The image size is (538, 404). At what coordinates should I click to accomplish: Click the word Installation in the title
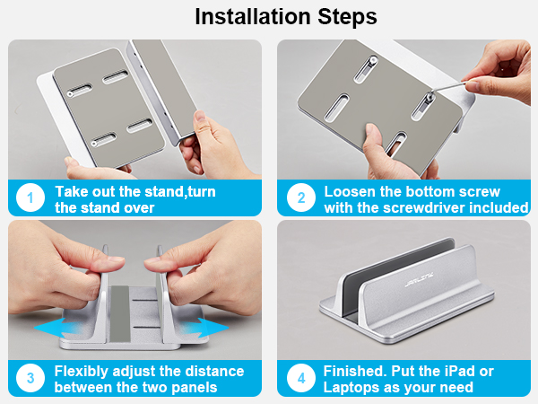click(253, 16)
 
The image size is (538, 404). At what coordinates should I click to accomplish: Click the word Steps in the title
click(347, 17)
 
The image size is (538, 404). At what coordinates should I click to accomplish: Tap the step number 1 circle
click(30, 198)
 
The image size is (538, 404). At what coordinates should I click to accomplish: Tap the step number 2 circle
click(301, 198)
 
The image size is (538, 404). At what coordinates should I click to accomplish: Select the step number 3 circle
click(30, 378)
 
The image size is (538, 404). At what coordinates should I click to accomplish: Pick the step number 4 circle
click(301, 378)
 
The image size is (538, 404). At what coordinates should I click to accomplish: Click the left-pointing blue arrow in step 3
click(56, 328)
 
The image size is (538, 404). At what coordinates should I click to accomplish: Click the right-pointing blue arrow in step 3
click(205, 328)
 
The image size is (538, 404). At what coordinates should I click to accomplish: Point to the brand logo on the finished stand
click(419, 279)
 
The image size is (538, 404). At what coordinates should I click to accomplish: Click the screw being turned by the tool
click(429, 97)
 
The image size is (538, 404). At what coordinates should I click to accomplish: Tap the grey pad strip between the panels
click(120, 313)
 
